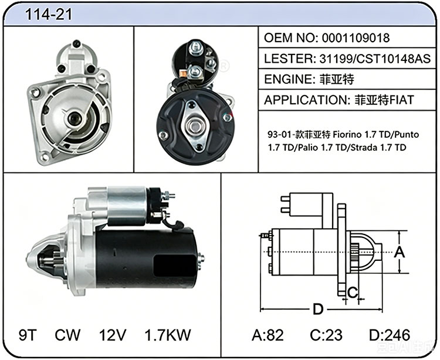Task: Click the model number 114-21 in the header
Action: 49,14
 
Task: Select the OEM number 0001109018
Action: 356,38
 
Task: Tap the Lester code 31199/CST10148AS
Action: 375,59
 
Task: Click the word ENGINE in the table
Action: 287,79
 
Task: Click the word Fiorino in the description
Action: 347,135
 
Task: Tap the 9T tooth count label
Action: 28,335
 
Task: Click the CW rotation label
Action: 67,335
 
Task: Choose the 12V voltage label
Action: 113,335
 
